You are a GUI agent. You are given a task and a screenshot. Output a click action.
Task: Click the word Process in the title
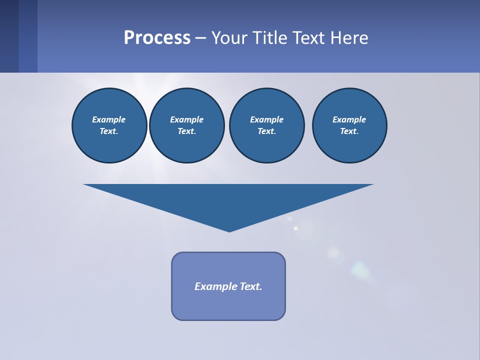pos(157,38)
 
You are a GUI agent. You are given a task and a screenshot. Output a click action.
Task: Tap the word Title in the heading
pos(272,38)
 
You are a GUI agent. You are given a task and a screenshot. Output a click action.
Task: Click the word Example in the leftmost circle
pos(109,119)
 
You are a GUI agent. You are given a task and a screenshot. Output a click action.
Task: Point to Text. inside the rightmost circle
pos(349,131)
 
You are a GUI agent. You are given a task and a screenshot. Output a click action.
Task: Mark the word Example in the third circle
pos(266,119)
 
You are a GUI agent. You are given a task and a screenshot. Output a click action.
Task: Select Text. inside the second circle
pos(186,131)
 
